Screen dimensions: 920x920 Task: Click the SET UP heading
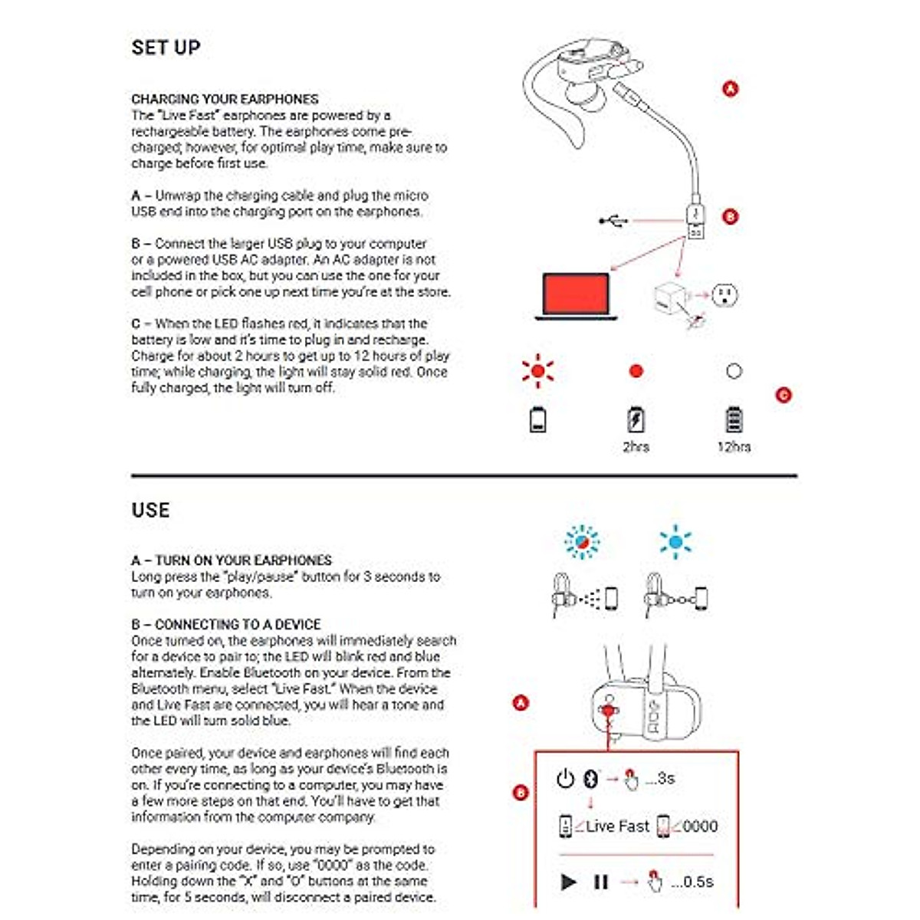tap(166, 48)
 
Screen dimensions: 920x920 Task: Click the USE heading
tap(150, 511)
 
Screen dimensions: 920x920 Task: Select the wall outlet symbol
tap(724, 294)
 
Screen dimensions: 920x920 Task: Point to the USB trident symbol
tap(613, 222)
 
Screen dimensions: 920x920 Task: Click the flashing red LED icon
tap(537, 371)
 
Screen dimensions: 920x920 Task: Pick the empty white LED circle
tap(734, 371)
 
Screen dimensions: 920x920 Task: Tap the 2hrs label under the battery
tap(636, 447)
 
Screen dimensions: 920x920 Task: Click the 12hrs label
tap(734, 447)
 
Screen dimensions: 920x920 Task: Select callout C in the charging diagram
tap(783, 395)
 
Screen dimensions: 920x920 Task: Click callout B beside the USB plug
tap(731, 216)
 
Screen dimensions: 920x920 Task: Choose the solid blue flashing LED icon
tap(675, 542)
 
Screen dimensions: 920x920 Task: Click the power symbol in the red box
tap(565, 779)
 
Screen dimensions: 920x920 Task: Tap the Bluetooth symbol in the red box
tap(590, 779)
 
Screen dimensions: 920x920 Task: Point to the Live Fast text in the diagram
tap(617, 826)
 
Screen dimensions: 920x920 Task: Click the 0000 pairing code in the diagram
tap(700, 826)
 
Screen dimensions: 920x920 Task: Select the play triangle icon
tap(568, 882)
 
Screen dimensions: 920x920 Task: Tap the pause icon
tap(601, 882)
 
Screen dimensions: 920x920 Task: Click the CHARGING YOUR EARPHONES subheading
tap(225, 99)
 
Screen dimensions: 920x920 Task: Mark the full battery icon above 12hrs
tap(734, 419)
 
